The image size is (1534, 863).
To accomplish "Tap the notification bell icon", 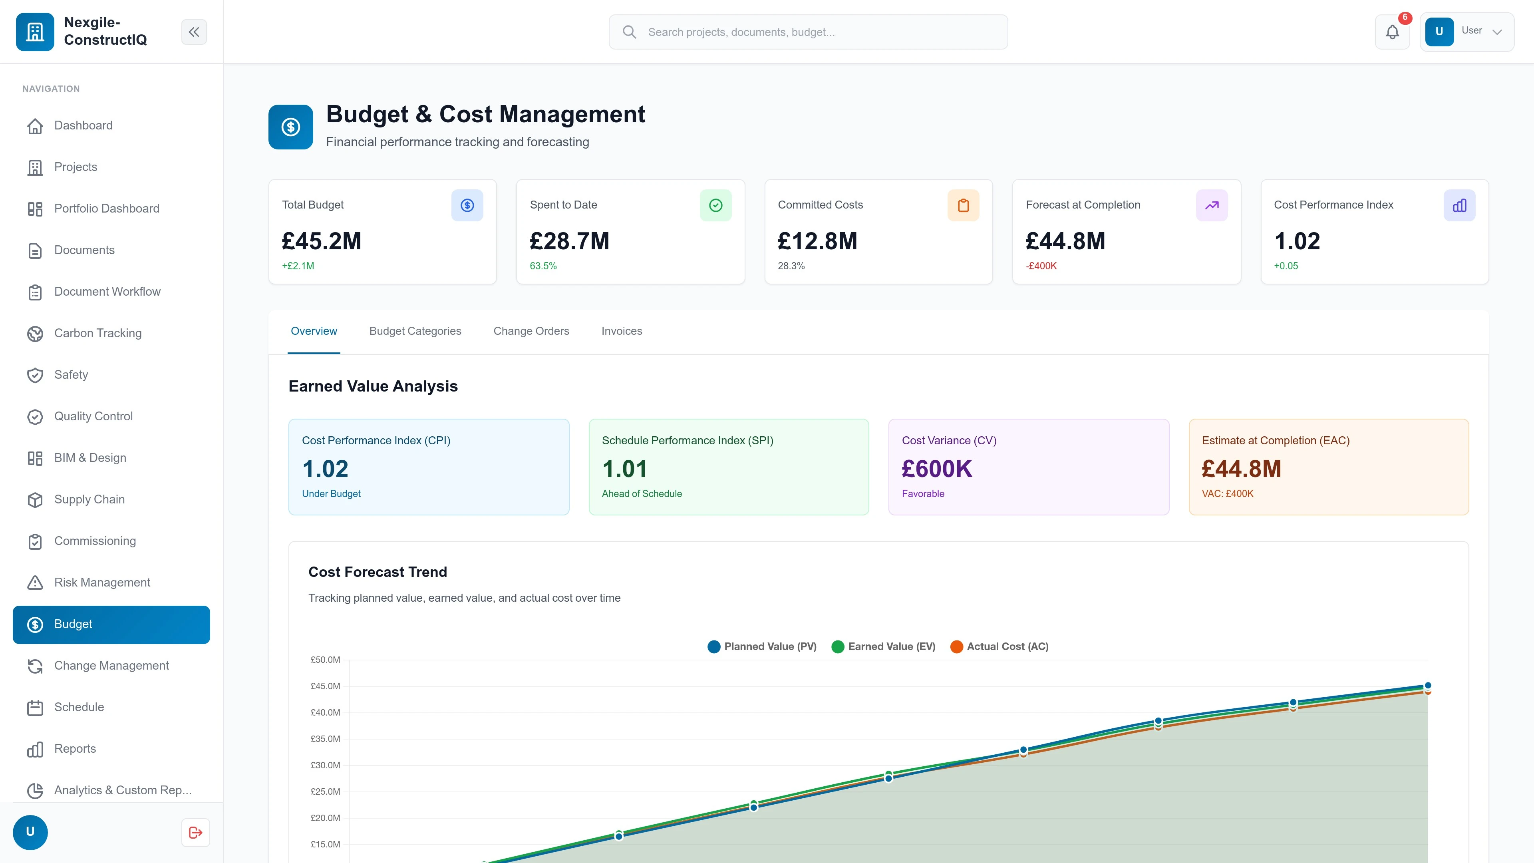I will coord(1392,32).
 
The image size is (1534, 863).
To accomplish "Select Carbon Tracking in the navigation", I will coord(97,333).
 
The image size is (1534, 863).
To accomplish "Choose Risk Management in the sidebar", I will coord(102,583).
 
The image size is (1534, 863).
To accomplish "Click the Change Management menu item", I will coord(111,665).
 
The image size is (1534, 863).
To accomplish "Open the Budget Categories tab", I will coord(415,331).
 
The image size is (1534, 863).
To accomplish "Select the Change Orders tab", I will coord(531,331).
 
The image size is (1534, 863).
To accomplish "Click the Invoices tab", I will coord(621,331).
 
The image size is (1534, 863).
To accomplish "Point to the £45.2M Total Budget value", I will coord(322,241).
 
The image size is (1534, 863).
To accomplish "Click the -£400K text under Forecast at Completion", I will coord(1041,266).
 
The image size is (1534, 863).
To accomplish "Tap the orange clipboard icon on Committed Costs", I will coord(963,205).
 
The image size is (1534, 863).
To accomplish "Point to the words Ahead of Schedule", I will coord(641,494).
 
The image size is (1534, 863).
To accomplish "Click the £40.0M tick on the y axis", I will coord(325,712).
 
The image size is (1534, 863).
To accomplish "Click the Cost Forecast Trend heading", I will coord(378,572).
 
